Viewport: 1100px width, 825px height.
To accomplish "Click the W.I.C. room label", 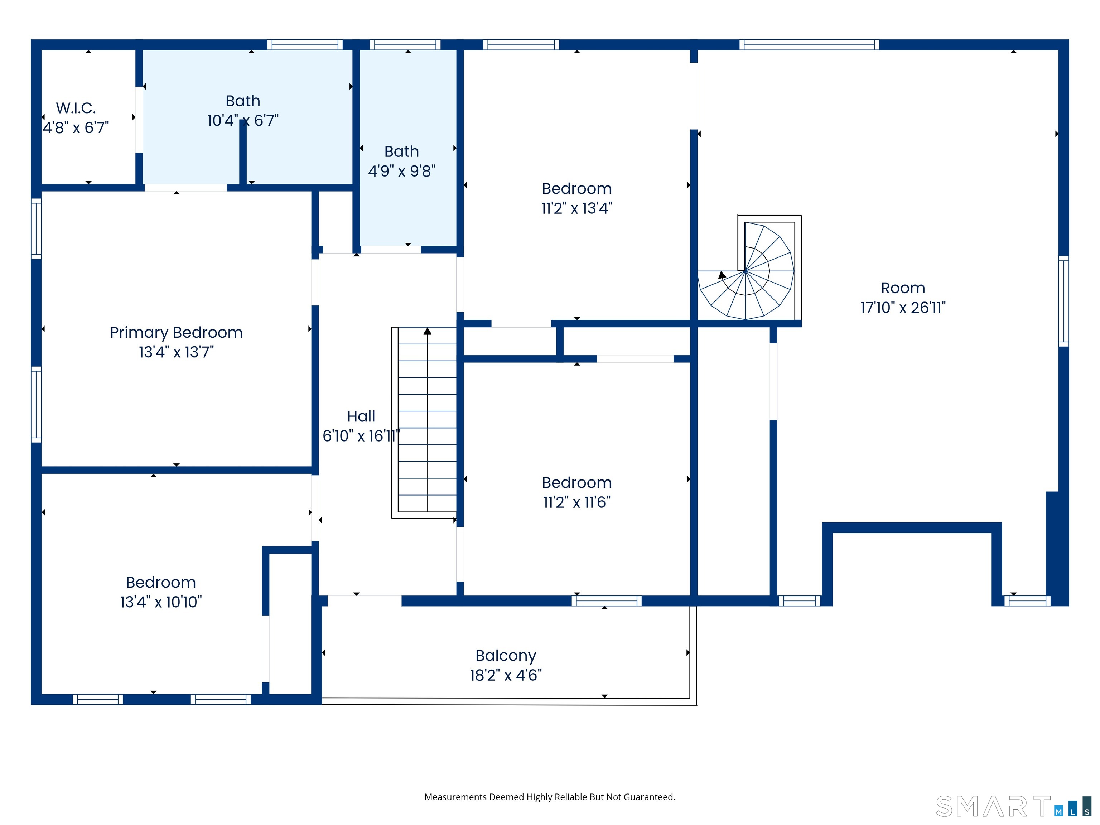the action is click(76, 108).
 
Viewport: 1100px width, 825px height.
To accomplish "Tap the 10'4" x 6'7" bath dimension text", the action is click(243, 120).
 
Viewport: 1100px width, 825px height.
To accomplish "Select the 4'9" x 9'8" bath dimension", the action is click(402, 171).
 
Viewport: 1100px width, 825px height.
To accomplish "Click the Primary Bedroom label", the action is click(176, 333).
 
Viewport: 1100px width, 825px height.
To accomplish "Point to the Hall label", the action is click(361, 416).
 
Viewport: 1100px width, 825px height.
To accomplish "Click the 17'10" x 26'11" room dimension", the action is click(903, 307).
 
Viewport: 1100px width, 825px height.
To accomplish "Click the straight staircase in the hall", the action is click(425, 423).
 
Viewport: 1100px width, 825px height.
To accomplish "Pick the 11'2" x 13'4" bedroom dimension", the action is click(577, 208).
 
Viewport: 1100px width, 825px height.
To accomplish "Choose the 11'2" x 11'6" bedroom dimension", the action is click(577, 502).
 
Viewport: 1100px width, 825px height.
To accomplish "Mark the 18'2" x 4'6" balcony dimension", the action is click(506, 675).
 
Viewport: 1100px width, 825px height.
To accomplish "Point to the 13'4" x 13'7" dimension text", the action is click(176, 352).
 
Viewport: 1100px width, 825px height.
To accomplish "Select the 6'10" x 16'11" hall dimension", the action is click(361, 436).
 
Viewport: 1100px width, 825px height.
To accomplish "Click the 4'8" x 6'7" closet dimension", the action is click(76, 128).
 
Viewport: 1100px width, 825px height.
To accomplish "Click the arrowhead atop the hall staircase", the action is click(427, 331).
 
